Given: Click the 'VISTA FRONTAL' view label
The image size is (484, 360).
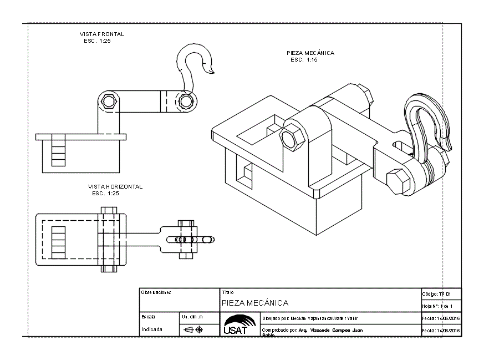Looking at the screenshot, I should pyautogui.click(x=102, y=34).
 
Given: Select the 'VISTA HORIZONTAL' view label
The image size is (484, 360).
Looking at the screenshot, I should pyautogui.click(x=115, y=187).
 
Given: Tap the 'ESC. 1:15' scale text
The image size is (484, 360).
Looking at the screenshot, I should pyautogui.click(x=304, y=60).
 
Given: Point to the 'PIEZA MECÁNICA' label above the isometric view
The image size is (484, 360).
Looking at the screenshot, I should pyautogui.click(x=310, y=53).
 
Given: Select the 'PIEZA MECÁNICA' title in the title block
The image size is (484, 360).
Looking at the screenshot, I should pyautogui.click(x=255, y=303).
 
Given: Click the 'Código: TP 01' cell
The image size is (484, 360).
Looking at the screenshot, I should pyautogui.click(x=441, y=294).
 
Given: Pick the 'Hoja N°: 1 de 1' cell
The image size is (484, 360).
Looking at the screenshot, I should pyautogui.click(x=441, y=306).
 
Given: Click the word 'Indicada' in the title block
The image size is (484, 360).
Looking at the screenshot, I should pyautogui.click(x=152, y=329).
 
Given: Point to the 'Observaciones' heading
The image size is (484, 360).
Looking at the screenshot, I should pyautogui.click(x=156, y=292).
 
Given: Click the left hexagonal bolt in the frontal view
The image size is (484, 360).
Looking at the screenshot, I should pyautogui.click(x=109, y=101).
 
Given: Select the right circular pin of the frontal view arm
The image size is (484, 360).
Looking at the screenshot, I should pyautogui.click(x=186, y=101).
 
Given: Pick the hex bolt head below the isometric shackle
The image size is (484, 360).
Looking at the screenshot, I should pyautogui.click(x=396, y=181).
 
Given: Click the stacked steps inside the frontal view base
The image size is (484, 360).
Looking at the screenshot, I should pyautogui.click(x=58, y=150).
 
